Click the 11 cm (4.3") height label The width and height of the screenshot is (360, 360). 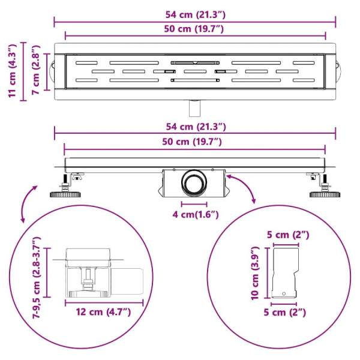[12, 71]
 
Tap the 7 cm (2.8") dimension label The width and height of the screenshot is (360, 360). [36, 70]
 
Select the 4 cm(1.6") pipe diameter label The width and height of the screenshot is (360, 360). [196, 215]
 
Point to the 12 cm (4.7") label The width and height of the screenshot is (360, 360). [103, 312]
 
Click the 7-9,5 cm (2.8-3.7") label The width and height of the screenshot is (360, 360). [36, 277]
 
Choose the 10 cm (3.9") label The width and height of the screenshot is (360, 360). [255, 273]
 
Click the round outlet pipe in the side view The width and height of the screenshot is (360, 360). [194, 183]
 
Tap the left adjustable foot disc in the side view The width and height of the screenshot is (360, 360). [65, 195]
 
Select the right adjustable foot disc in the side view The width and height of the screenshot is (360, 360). [325, 195]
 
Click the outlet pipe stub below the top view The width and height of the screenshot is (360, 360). [194, 108]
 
